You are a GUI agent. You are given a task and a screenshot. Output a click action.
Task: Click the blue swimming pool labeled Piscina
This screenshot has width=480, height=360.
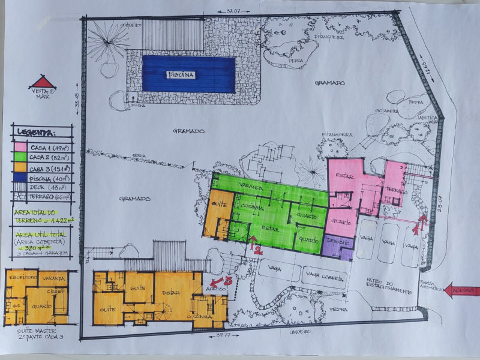(x=188, y=74)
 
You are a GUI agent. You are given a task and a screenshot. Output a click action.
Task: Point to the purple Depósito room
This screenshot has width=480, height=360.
(x=339, y=246)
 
